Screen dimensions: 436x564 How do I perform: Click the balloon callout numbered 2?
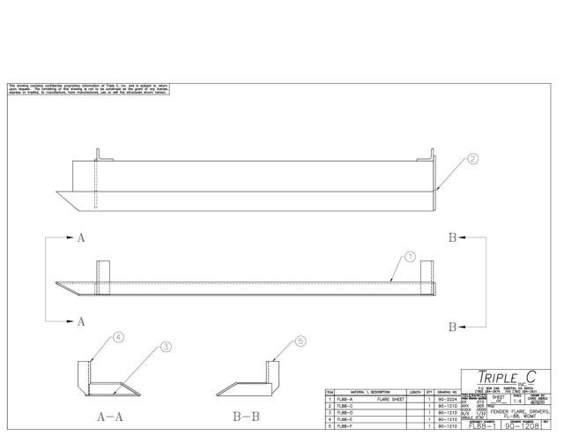point(473,160)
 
